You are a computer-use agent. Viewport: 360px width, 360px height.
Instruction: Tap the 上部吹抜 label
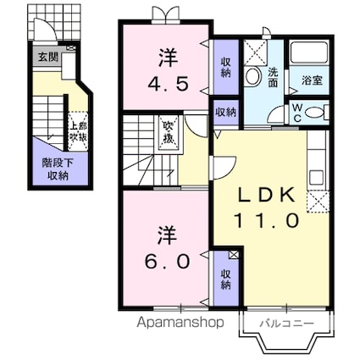(76, 130)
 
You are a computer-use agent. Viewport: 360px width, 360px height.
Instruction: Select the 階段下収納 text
(57, 169)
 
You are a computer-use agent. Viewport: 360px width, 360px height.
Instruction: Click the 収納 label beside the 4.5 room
(225, 69)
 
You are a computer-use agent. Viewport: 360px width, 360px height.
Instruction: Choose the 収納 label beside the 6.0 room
(225, 279)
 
